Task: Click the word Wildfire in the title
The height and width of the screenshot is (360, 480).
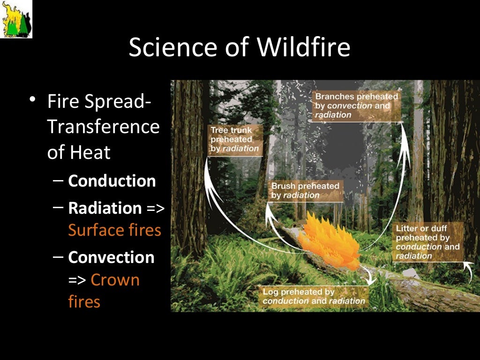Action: (x=303, y=47)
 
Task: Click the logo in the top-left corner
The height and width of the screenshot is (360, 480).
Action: (x=16, y=19)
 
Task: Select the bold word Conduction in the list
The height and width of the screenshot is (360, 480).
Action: (x=112, y=180)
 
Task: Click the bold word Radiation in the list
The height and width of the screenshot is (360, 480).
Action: (x=105, y=208)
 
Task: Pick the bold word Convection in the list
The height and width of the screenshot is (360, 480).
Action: (x=111, y=257)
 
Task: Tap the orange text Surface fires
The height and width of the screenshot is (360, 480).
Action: (x=114, y=230)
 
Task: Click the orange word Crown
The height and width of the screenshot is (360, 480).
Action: (x=115, y=279)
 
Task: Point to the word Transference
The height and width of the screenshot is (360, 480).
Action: (x=104, y=127)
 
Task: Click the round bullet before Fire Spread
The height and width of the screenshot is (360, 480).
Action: (x=32, y=99)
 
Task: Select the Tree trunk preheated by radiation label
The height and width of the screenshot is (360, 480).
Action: (x=235, y=140)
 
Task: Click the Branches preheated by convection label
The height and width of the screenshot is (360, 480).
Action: (x=356, y=106)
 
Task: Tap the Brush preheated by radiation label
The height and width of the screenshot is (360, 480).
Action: (x=305, y=191)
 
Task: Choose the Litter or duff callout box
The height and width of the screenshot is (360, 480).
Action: (x=427, y=242)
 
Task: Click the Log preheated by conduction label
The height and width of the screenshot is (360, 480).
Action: (x=314, y=296)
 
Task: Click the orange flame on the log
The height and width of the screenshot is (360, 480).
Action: (x=329, y=242)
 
